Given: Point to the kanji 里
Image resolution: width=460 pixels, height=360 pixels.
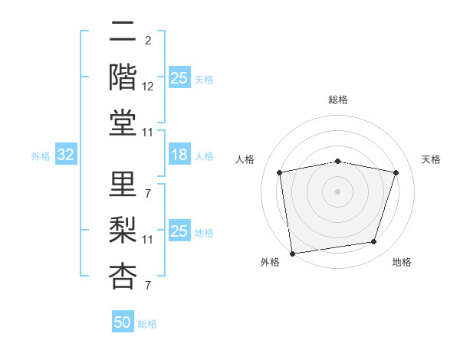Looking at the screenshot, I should coord(122,184).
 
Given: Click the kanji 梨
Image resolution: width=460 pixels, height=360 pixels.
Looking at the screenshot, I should coord(122,228).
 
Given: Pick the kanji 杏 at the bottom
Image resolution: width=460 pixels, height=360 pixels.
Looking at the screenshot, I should coord(122,274).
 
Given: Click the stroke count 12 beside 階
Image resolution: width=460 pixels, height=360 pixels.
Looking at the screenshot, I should coord(148,87).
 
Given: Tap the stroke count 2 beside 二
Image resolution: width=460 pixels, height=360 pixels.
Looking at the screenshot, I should coord(147,41).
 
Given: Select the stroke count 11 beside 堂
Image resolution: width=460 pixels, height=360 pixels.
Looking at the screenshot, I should coord(148,133).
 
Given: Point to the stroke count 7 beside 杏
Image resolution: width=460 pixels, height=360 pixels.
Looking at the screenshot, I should coord(147,286).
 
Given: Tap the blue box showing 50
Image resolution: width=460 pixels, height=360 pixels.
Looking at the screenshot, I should coord(123,323).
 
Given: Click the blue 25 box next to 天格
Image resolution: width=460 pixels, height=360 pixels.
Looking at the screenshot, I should coord(179,78).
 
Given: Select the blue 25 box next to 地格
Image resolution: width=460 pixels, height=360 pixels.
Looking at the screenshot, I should coord(179,231).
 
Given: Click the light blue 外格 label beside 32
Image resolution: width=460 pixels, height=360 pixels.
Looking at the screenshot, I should coord(41,156).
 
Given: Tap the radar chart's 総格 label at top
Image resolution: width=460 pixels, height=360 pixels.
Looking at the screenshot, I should coord(338,100).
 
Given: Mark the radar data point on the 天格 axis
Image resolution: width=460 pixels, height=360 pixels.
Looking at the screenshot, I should coord(396,173).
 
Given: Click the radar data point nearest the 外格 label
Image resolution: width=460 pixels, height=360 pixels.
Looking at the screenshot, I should coord(292,253).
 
